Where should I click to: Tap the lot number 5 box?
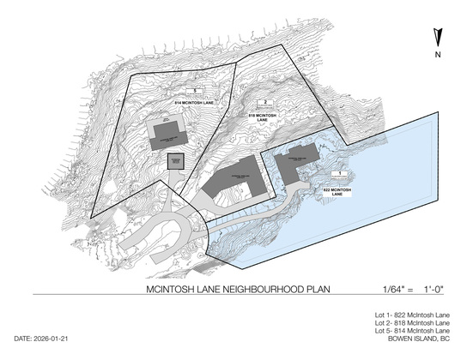tap(196, 90)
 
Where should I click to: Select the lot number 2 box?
tap(267, 102)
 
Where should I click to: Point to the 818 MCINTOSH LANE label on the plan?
tap(265, 115)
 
